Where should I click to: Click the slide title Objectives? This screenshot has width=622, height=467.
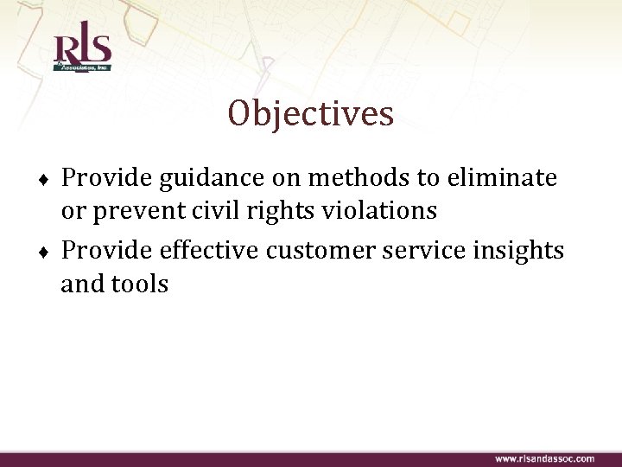(x=311, y=113)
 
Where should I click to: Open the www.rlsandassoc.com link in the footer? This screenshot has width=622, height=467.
(x=544, y=458)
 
